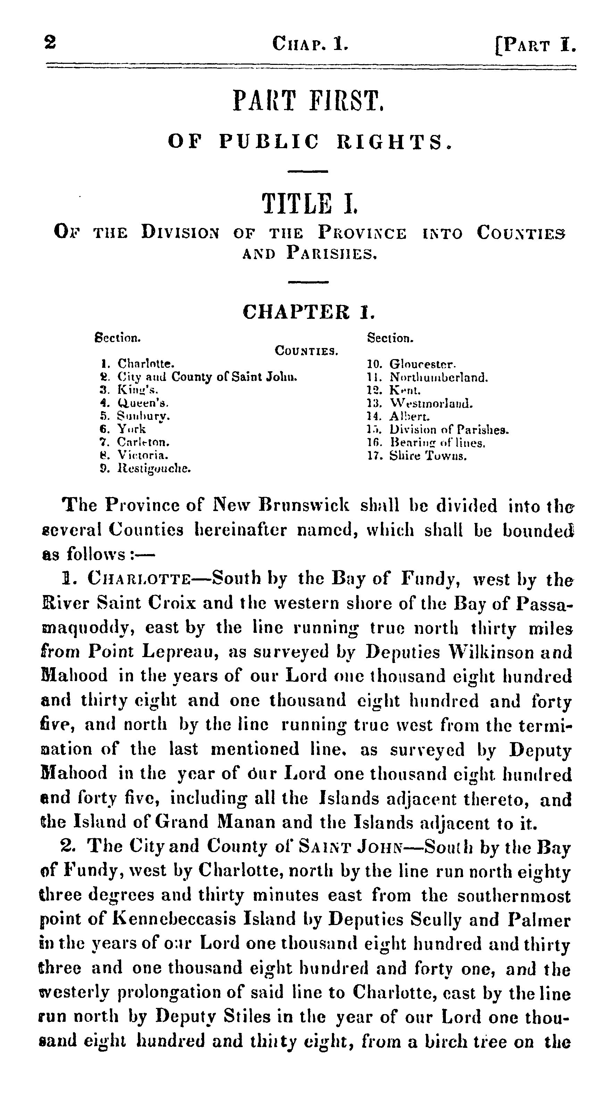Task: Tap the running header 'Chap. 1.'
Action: [x=310, y=44]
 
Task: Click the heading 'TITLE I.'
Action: [x=309, y=204]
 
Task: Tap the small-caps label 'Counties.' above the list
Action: [x=306, y=351]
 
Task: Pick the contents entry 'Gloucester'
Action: [x=423, y=364]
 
